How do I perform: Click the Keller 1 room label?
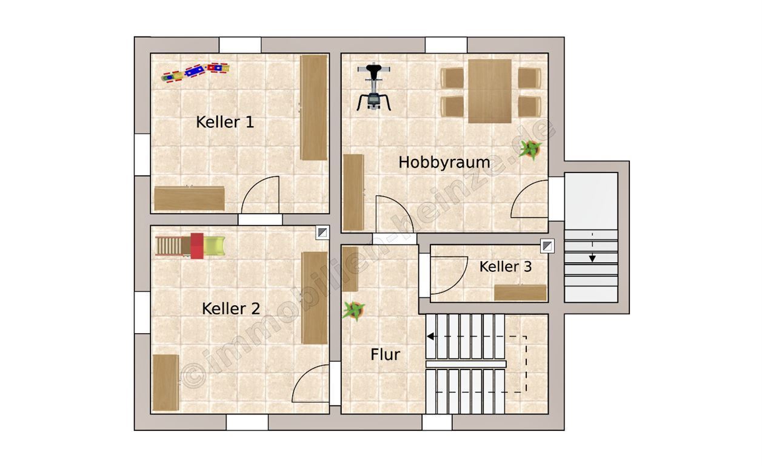point(225,122)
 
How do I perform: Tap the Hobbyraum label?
point(444,163)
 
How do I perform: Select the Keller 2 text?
point(231,309)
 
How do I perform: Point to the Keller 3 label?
point(506,266)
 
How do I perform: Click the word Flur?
point(385,354)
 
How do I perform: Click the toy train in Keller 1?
point(195,72)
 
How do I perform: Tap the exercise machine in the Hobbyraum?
point(373,87)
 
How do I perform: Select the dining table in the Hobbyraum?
point(490,91)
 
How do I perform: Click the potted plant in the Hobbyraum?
point(530,149)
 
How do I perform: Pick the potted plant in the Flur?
point(354,310)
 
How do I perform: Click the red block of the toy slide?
point(197,246)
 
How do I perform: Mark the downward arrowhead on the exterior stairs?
point(592,258)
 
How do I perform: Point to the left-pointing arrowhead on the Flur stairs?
point(430,337)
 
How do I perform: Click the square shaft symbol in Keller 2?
point(323,232)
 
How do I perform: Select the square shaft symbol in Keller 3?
point(547,246)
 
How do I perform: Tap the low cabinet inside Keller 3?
point(520,292)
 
